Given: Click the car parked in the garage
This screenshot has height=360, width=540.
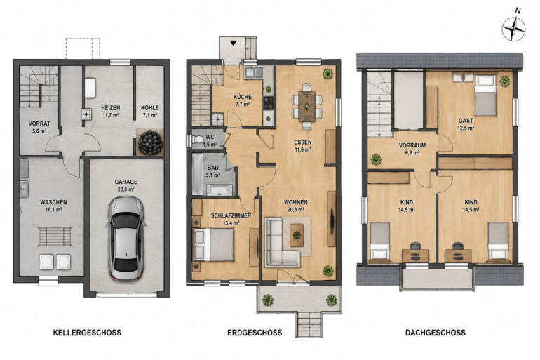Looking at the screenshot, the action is point(126,239).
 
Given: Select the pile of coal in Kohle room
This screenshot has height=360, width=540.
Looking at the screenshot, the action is point(150,142).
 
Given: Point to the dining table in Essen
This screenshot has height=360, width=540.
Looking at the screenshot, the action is point(306,106).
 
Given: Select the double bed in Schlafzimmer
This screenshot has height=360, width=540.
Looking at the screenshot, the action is point(213,245).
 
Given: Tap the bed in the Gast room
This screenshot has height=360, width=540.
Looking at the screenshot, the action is point(485,95).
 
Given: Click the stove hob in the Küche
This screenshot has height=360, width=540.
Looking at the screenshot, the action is point(269,103).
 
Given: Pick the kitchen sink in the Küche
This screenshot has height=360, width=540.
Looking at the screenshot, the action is point(253,73).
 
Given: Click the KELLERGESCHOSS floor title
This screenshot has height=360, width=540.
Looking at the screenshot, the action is point(87,333).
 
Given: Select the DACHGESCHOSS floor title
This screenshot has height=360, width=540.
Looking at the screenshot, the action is point(436,333).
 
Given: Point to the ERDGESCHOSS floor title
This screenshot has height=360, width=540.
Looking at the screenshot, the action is point(255,333).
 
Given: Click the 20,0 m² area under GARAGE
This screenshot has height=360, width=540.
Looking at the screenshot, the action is point(126,189).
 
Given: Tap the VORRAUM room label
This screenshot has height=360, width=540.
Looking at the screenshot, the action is point(412,145).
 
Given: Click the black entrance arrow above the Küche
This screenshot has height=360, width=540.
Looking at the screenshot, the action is point(234,43).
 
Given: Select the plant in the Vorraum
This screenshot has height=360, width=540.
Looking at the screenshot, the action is point(376,159).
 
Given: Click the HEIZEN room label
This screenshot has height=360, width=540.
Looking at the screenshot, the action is point(111,108).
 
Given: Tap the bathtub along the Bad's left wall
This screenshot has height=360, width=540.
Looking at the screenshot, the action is point(197,174).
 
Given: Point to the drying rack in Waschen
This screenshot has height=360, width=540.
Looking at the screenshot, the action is point(55,236).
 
